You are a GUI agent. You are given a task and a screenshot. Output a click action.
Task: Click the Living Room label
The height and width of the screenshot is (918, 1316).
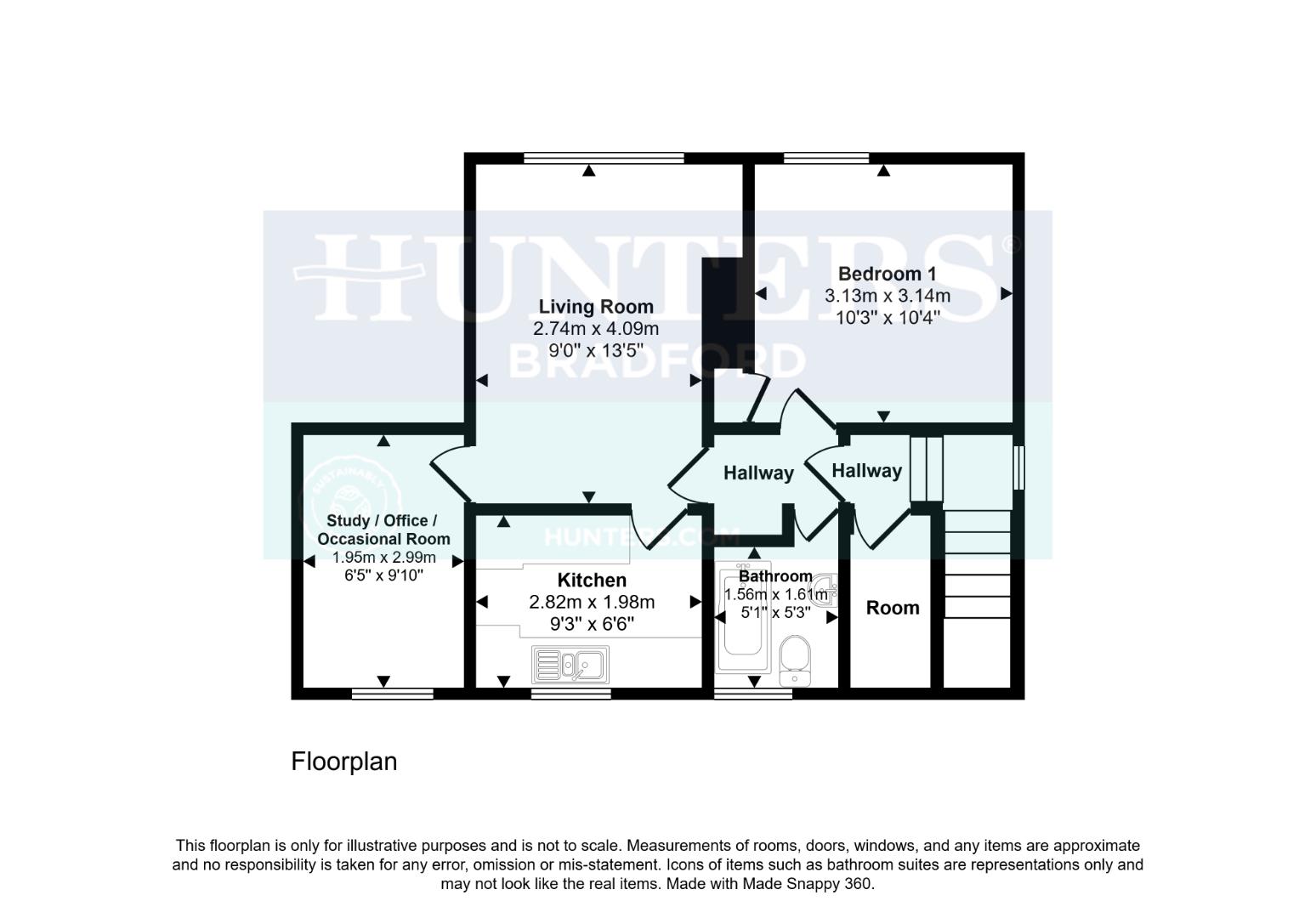[x=596, y=307]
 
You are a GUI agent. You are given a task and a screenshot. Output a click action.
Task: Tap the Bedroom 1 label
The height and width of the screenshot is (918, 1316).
[x=887, y=274]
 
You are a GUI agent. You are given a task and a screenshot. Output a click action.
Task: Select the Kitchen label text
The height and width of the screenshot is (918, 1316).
[x=592, y=581]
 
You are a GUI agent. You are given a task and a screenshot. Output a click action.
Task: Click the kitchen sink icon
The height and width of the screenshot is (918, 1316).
[x=570, y=665]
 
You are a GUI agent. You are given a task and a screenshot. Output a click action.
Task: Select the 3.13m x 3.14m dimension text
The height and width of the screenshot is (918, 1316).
[x=887, y=296]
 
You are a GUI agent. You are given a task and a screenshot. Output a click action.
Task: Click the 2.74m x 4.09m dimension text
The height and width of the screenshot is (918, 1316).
[x=596, y=329]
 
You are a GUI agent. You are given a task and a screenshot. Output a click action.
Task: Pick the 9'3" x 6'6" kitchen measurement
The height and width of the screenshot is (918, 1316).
[x=592, y=625]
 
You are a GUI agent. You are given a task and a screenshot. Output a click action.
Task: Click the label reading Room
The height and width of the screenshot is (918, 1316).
[x=893, y=608]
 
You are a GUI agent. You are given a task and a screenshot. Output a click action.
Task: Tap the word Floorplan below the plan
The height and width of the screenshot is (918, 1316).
[x=344, y=761]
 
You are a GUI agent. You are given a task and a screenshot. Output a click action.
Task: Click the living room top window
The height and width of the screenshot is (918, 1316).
[x=604, y=158]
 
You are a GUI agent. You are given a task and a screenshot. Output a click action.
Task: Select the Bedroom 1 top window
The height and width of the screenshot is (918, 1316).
[x=826, y=158]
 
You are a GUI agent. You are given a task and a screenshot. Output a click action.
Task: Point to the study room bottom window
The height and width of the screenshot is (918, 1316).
[x=392, y=694]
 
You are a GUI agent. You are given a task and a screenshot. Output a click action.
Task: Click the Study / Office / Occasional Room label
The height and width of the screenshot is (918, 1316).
[x=383, y=530]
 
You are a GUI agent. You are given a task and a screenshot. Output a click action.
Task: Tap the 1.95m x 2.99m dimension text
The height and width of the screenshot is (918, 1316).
[x=383, y=558]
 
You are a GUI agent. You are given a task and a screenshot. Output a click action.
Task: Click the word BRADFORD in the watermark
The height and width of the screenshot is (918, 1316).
[x=656, y=361]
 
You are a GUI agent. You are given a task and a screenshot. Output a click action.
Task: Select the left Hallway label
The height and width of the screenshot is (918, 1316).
[x=758, y=473]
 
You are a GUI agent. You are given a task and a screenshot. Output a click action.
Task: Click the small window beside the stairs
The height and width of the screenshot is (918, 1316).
[x=1018, y=467]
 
